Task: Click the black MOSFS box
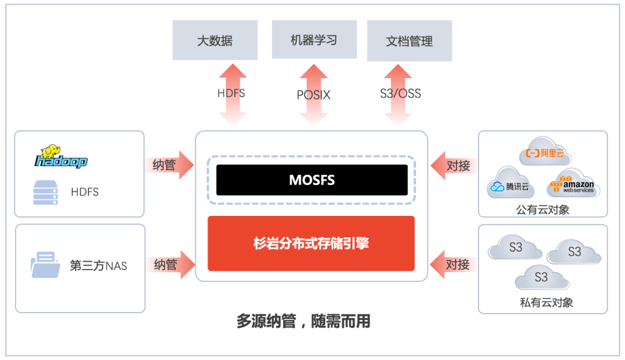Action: pos(312,180)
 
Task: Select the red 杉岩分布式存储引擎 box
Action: pos(311,243)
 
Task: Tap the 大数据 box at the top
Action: pos(215,41)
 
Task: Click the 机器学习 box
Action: pos(314,40)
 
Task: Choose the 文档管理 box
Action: pos(409,41)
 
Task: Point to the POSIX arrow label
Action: pos(314,95)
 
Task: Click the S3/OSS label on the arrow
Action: pos(400,93)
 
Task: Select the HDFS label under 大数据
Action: pos(231,93)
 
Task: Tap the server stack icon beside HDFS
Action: pos(45,192)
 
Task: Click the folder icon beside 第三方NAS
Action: pos(46,265)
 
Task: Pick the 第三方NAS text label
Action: pos(98,266)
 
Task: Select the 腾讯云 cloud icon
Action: pos(510,184)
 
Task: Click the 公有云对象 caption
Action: pos(543,210)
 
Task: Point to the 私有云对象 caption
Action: pos(543,302)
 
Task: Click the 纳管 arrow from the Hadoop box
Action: pos(170,166)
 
